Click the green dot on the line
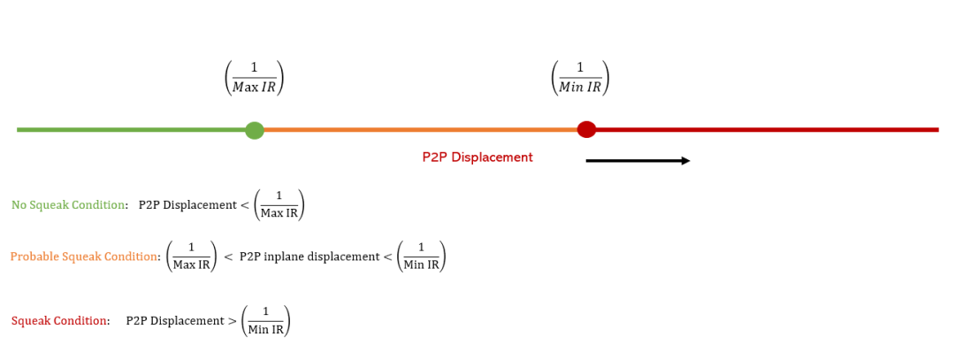(x=255, y=130)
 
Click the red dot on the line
(x=586, y=129)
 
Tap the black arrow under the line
(x=638, y=161)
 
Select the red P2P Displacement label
(x=477, y=157)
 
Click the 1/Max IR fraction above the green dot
(x=255, y=78)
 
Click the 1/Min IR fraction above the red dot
(x=580, y=78)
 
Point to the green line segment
(x=131, y=130)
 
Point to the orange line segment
(x=420, y=130)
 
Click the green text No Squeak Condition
(x=68, y=205)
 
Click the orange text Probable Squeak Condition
(x=84, y=257)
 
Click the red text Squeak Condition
(x=59, y=321)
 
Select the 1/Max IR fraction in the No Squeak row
(x=279, y=204)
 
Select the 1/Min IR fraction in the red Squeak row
(x=266, y=321)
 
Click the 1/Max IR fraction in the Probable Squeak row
(x=191, y=257)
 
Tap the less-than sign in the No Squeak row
(x=245, y=205)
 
